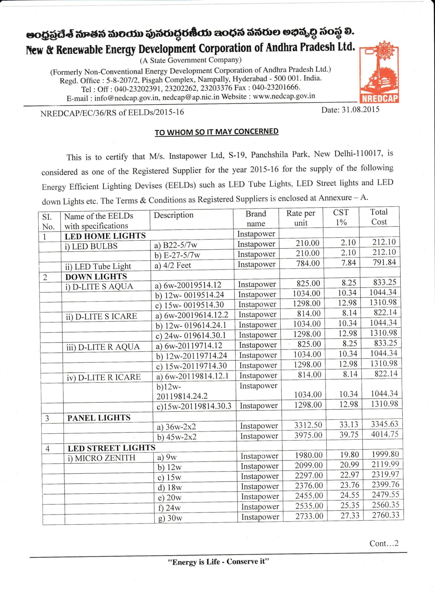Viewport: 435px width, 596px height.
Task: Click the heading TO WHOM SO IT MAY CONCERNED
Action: (x=216, y=132)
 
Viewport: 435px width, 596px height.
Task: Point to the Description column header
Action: (x=173, y=215)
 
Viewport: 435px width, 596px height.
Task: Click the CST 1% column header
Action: (x=341, y=217)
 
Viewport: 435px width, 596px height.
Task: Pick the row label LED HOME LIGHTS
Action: (x=105, y=236)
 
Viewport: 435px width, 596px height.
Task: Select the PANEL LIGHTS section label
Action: (x=99, y=418)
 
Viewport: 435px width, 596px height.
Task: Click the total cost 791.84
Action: (x=384, y=262)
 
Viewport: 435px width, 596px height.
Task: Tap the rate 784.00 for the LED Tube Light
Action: (x=308, y=263)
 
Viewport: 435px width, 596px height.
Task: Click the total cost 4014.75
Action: (x=385, y=434)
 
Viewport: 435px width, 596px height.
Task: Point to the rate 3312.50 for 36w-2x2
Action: (x=308, y=425)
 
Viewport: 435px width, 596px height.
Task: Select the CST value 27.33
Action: (x=350, y=516)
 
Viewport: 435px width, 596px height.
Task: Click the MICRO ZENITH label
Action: (x=102, y=458)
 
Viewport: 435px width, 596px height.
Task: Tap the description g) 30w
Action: (x=170, y=518)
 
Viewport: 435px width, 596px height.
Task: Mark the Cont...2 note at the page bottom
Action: (x=384, y=543)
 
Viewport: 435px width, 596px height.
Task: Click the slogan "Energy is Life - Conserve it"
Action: (x=218, y=562)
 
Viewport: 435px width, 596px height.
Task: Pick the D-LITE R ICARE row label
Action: (x=104, y=377)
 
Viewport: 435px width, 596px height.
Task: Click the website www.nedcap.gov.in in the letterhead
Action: (x=284, y=96)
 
